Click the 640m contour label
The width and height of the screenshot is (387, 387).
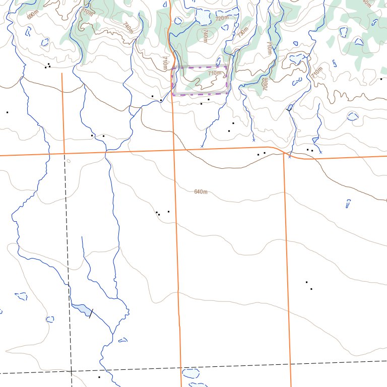click(x=201, y=191)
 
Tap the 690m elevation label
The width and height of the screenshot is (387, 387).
click(x=32, y=15)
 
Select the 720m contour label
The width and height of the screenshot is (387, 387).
click(x=222, y=18)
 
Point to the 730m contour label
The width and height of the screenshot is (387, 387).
click(x=243, y=33)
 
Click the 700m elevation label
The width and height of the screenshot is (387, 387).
click(x=265, y=84)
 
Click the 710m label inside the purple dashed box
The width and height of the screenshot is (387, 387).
click(x=215, y=73)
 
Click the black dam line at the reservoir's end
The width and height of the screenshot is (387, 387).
click(x=91, y=312)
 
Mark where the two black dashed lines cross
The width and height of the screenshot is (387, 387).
click(x=71, y=371)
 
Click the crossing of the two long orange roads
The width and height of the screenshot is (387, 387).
click(x=173, y=150)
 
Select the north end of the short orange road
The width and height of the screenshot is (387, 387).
click(x=62, y=74)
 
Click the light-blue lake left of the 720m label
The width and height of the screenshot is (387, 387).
click(x=203, y=17)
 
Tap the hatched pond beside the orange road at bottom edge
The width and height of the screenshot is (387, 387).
click(x=190, y=373)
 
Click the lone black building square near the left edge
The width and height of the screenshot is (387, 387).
click(x=7, y=112)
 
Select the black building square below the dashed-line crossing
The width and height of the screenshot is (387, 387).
click(x=99, y=377)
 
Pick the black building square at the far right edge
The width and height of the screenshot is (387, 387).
click(x=381, y=79)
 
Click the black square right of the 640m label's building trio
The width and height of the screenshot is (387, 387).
click(x=168, y=212)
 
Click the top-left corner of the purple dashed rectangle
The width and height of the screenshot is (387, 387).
click(x=173, y=67)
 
